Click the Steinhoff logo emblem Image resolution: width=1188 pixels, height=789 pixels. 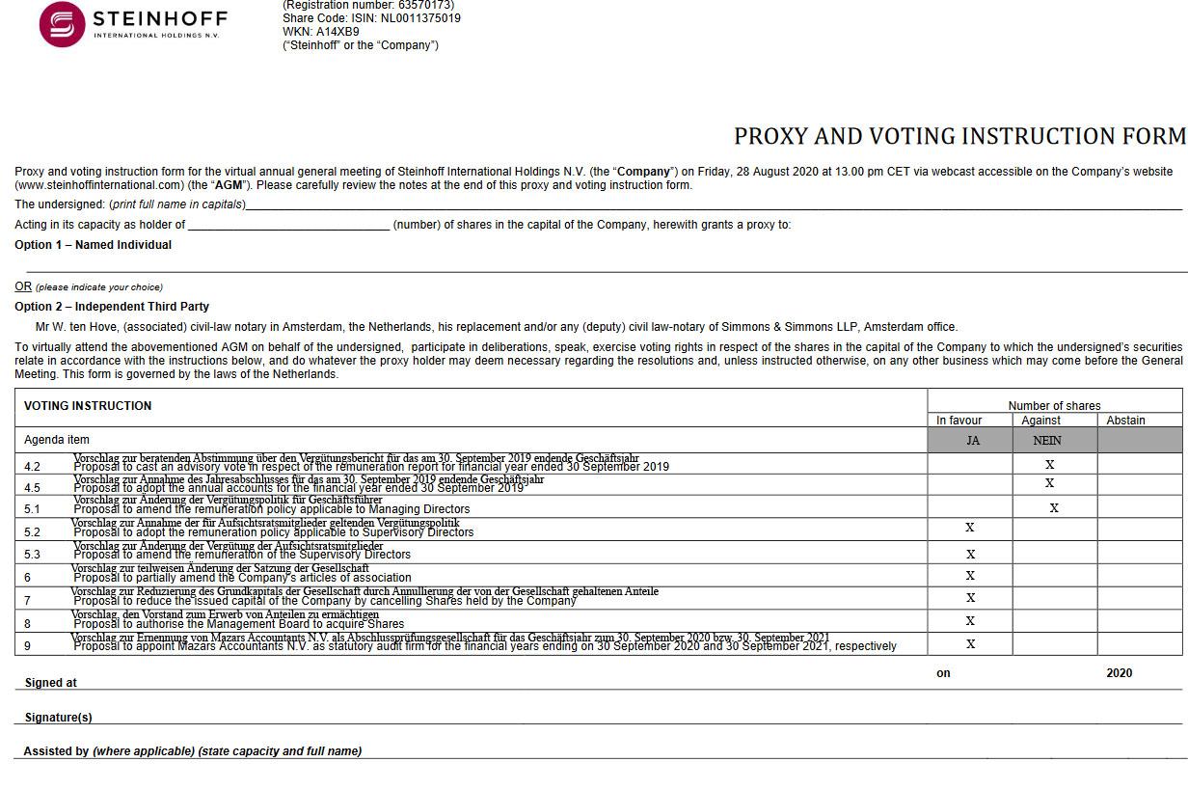point(62,24)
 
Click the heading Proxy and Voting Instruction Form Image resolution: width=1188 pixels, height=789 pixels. point(959,136)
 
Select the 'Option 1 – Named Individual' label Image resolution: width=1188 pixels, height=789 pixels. point(93,245)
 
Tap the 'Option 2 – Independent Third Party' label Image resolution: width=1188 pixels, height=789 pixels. point(112,307)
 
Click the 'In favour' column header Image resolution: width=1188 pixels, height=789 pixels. point(959,421)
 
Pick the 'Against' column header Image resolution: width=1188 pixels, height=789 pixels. point(1041,421)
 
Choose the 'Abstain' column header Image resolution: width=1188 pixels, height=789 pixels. point(1125,421)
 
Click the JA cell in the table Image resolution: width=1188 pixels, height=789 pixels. point(973,441)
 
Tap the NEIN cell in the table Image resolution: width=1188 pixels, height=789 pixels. point(1047,441)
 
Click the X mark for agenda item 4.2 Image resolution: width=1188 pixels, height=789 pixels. point(1050,465)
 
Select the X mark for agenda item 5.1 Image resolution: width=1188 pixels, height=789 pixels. point(1054,508)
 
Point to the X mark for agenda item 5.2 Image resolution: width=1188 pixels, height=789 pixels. point(970,528)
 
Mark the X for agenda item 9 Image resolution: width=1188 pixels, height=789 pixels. point(970,644)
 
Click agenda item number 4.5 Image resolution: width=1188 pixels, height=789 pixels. point(32,488)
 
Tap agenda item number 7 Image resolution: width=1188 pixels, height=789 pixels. point(28,600)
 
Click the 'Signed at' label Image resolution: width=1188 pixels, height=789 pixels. point(51,683)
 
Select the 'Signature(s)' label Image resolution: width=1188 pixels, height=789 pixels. point(59,718)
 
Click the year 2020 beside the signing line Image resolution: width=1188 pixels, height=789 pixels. point(1119,673)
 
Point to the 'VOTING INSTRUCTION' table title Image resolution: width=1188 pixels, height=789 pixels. point(88,406)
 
